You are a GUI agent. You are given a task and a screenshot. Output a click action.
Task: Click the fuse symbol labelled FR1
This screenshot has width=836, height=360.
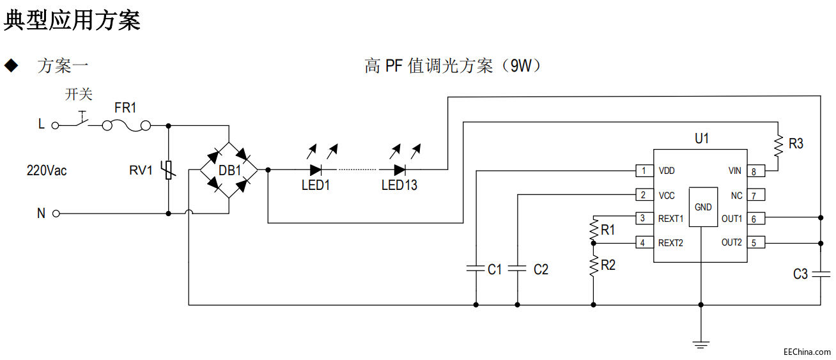tap(127, 126)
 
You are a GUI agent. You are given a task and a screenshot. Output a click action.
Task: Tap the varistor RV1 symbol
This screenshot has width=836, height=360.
tap(168, 170)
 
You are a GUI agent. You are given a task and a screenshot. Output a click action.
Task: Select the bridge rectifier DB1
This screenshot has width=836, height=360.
tap(229, 170)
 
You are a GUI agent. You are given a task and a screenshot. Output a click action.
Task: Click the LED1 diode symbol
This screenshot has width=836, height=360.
tap(316, 170)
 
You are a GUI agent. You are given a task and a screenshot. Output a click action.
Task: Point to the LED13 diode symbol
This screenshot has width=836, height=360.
tap(399, 170)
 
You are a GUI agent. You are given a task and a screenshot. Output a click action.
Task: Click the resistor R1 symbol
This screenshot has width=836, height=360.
tap(594, 228)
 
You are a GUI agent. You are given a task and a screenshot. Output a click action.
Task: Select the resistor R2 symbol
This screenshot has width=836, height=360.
tap(594, 265)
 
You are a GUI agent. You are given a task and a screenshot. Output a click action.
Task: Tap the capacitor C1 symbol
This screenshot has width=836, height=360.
tap(476, 269)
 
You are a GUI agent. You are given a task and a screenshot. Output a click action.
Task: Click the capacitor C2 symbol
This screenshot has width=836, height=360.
tap(517, 269)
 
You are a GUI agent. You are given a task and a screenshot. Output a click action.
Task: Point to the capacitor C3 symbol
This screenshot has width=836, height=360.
tap(820, 274)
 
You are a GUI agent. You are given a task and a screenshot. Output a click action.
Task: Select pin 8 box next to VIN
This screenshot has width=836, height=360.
tap(755, 171)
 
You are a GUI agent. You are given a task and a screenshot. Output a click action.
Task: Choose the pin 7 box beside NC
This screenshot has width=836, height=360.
tap(755, 195)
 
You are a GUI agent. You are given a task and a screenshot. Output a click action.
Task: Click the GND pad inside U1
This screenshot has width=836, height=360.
tap(702, 207)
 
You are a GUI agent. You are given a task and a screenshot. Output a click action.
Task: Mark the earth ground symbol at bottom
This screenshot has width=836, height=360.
tap(701, 344)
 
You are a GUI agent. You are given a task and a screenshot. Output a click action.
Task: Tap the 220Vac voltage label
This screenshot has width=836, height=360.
tap(46, 171)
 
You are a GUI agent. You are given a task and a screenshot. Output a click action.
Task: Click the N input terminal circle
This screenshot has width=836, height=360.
tap(56, 214)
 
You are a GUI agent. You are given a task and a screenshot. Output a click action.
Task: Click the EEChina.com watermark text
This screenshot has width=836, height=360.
tap(807, 352)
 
